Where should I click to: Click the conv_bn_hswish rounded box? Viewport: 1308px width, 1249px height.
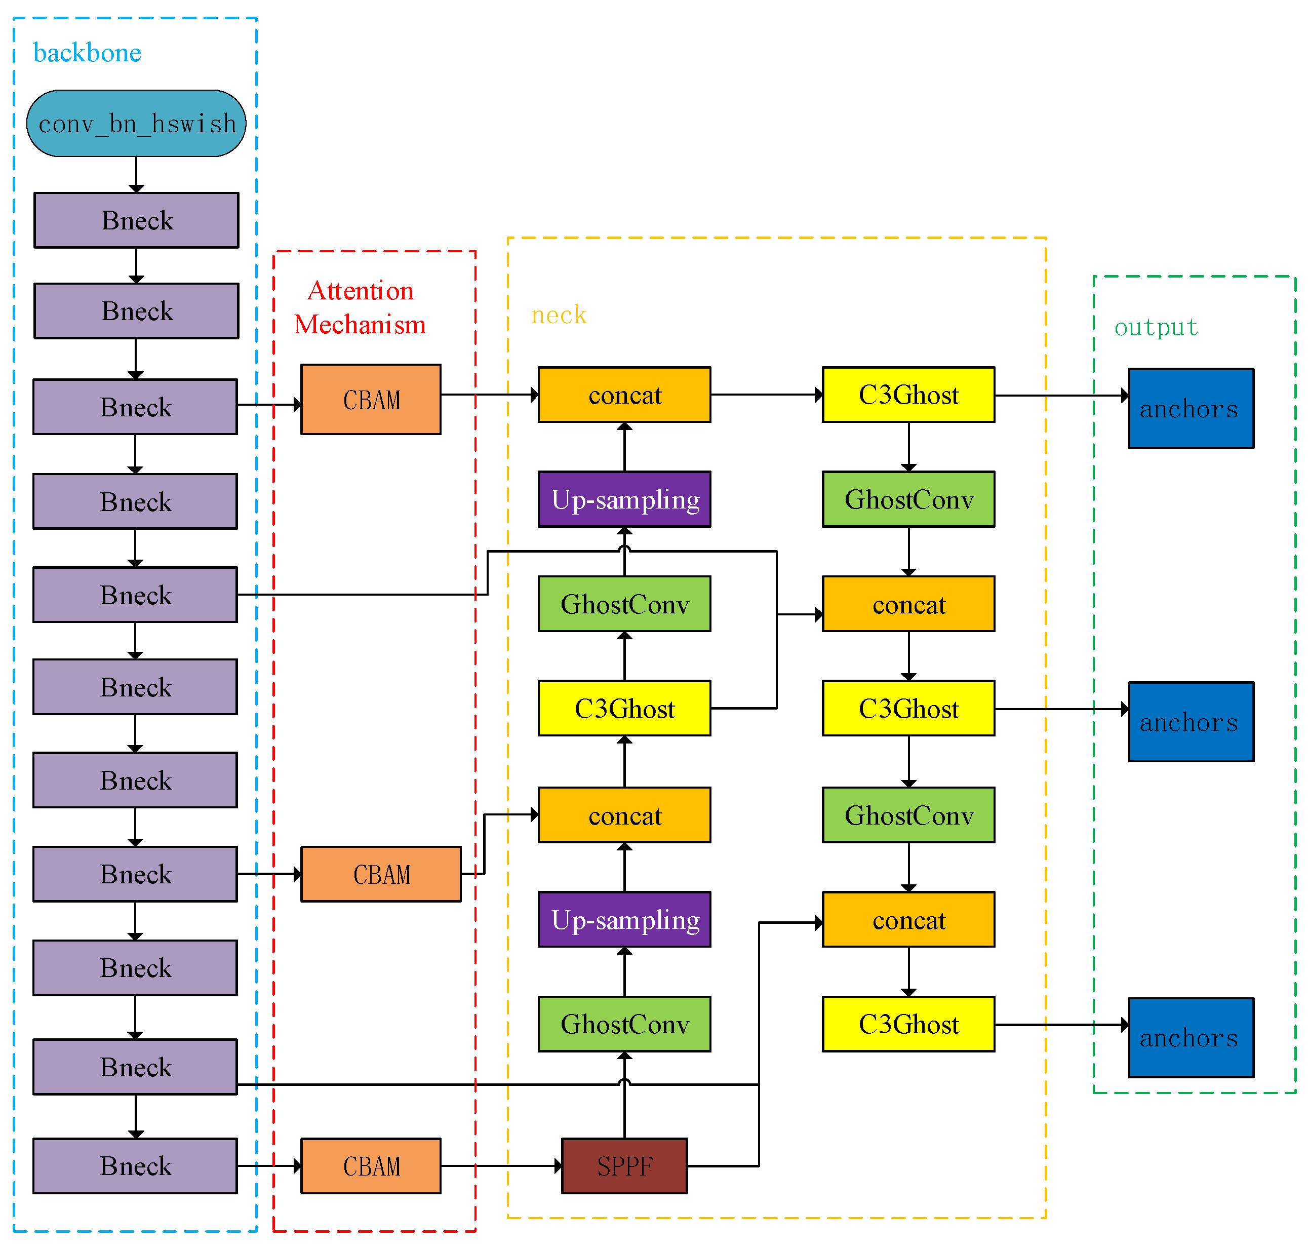[136, 124]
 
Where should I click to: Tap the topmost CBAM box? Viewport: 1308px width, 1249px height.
[370, 400]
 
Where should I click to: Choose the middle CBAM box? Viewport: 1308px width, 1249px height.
[380, 874]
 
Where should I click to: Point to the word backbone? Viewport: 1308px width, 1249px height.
[87, 53]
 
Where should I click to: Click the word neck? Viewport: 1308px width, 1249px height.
[559, 315]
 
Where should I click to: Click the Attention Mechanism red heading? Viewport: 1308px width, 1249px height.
[360, 307]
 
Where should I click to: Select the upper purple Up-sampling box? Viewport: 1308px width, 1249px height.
[624, 499]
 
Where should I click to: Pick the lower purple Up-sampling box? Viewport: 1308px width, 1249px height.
[624, 919]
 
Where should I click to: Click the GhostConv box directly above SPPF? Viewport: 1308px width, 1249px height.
[624, 1024]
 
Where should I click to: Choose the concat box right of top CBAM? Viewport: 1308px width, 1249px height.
[624, 395]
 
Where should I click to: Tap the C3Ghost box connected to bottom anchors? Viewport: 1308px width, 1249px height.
[908, 1024]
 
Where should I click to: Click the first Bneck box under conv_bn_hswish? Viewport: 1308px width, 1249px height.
[136, 220]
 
